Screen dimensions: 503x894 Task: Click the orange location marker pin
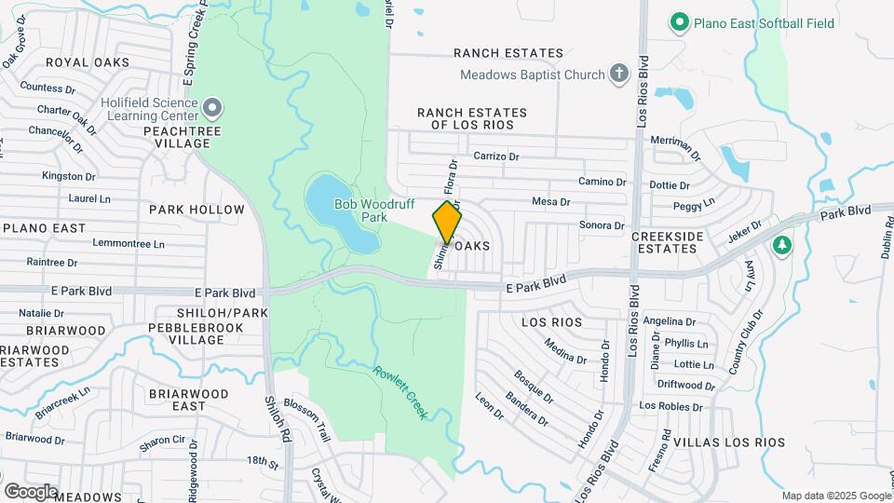click(x=448, y=221)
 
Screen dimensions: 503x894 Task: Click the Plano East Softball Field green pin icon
click(x=680, y=21)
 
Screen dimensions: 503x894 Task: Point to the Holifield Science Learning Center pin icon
click(x=212, y=109)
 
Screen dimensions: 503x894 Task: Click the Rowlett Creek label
click(x=400, y=392)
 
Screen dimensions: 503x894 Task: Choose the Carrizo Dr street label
click(x=495, y=156)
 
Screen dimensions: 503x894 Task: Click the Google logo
click(x=31, y=491)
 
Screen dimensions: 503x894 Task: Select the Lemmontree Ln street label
click(x=129, y=244)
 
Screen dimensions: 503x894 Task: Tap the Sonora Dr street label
click(x=602, y=225)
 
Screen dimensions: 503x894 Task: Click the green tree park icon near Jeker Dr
click(x=782, y=245)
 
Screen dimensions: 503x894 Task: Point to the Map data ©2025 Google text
click(x=835, y=496)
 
